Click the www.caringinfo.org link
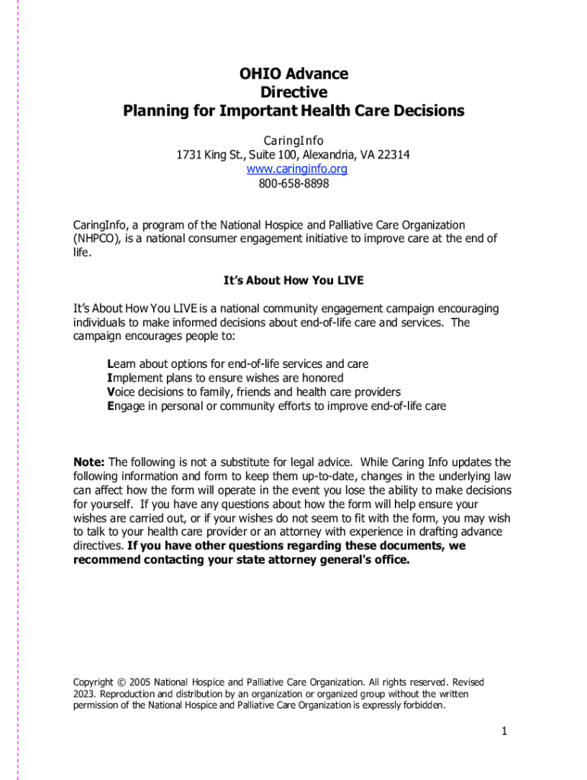(293, 169)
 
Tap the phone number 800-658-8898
(293, 184)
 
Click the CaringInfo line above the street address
(293, 141)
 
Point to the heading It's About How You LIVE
(293, 280)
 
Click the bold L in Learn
(111, 364)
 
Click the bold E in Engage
(111, 406)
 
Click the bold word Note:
(89, 462)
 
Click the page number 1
(504, 732)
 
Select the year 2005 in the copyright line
(140, 682)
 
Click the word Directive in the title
(293, 92)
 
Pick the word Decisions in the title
(427, 110)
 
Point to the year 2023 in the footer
(85, 694)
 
